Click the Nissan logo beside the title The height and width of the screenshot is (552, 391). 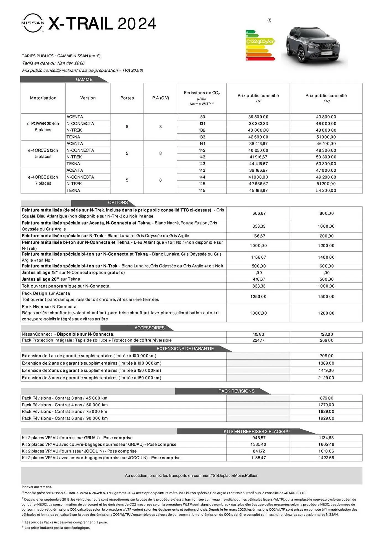(33, 23)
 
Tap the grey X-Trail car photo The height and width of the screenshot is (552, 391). (314, 45)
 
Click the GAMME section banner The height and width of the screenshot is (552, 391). (84, 79)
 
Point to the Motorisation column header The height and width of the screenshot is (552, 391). (43, 98)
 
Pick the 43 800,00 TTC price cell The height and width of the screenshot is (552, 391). (326, 117)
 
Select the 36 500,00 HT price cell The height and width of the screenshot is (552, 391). (258, 117)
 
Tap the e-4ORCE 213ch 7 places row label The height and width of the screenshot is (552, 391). (43, 180)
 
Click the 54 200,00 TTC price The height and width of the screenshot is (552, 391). (326, 190)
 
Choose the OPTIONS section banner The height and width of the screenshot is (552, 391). (118, 203)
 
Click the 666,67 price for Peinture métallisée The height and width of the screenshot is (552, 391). (259, 213)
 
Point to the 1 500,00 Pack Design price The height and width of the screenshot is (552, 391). (326, 297)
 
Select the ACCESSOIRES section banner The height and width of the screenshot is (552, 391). (149, 328)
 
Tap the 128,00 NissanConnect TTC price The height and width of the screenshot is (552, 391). (327, 334)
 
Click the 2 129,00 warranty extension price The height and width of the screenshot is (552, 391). (326, 378)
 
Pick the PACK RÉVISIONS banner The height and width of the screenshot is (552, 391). (236, 391)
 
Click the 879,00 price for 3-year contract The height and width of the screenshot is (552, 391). (326, 398)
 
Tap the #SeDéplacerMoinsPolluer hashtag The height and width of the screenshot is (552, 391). (234, 476)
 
